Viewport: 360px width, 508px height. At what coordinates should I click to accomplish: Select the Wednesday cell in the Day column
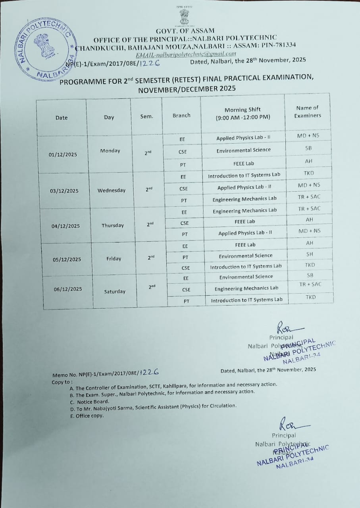click(112, 190)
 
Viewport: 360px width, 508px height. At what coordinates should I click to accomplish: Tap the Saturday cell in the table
click(115, 292)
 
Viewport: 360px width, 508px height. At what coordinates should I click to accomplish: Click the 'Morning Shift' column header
click(243, 114)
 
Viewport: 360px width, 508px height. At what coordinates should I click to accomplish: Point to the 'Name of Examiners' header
click(308, 112)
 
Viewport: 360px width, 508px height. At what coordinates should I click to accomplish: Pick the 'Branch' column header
click(181, 115)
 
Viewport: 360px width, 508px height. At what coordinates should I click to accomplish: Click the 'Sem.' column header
click(146, 117)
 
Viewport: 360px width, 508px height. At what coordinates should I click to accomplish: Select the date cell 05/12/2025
click(67, 260)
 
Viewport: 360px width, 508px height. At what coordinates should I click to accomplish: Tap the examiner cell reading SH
click(310, 254)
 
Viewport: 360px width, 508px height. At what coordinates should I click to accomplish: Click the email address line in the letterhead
click(186, 54)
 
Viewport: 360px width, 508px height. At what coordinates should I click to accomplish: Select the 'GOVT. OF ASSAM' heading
click(185, 31)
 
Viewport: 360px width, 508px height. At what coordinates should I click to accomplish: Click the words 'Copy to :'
click(63, 383)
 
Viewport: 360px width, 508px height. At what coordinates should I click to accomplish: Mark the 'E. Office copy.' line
click(87, 416)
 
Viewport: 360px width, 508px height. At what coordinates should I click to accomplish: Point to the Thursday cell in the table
click(113, 225)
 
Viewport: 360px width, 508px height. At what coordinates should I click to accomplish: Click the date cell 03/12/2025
click(64, 191)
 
